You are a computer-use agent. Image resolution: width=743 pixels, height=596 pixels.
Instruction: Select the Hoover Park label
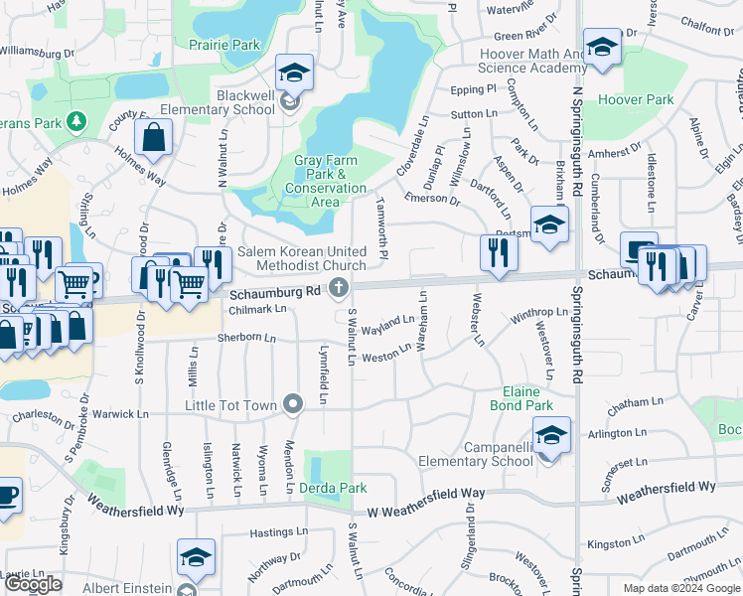click(636, 100)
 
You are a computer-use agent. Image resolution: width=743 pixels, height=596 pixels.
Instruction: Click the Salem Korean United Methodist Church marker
click(339, 289)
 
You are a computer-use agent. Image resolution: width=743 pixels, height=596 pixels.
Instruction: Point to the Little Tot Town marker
click(292, 404)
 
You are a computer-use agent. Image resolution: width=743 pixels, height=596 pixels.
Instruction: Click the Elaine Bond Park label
click(521, 398)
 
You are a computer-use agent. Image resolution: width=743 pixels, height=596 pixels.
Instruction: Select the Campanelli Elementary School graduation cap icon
click(552, 434)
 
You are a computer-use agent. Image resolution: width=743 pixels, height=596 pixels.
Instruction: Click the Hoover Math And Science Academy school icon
click(601, 47)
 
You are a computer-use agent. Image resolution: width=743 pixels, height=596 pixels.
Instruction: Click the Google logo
click(33, 584)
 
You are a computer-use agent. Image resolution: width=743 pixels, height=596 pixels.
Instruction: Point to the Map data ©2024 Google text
click(681, 588)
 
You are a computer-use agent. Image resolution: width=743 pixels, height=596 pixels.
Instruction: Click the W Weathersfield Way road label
click(426, 494)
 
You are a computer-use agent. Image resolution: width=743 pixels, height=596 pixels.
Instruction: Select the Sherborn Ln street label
click(246, 339)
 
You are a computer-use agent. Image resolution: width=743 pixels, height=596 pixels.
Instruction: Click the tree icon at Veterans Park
click(75, 121)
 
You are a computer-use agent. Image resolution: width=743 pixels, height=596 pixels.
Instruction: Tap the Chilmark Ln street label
click(258, 309)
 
